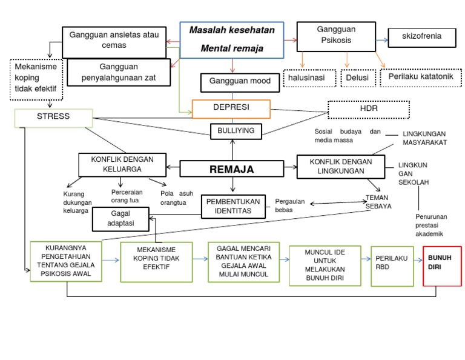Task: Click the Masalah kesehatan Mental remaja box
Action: coord(232,39)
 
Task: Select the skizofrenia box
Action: coord(421,36)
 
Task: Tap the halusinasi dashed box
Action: coord(310,78)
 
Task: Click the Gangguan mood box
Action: coord(240,82)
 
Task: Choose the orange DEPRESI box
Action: coord(231,108)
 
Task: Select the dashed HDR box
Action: coord(368,109)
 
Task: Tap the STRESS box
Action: coord(53,117)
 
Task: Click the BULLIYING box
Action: coord(236,130)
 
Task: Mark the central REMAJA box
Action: coord(232,170)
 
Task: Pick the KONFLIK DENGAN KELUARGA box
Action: coord(122,164)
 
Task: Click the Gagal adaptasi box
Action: coord(120,219)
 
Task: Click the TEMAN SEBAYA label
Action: coord(378,202)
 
